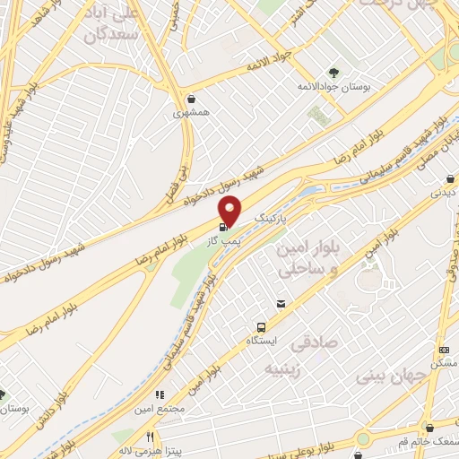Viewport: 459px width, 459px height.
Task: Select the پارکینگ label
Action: point(273,218)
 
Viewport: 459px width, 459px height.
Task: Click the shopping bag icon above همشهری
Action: point(190,100)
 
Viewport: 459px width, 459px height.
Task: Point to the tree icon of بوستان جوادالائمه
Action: point(333,72)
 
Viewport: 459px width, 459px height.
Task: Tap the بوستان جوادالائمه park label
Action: point(335,87)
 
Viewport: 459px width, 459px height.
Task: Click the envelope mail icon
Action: point(281,304)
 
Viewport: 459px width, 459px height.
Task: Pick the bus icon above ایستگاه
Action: point(262,327)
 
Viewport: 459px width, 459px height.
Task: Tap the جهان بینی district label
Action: point(386,377)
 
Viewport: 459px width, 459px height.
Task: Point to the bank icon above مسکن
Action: point(445,350)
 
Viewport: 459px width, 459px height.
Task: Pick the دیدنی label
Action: point(444,192)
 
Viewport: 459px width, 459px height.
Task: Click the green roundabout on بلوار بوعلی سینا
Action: point(365,438)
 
